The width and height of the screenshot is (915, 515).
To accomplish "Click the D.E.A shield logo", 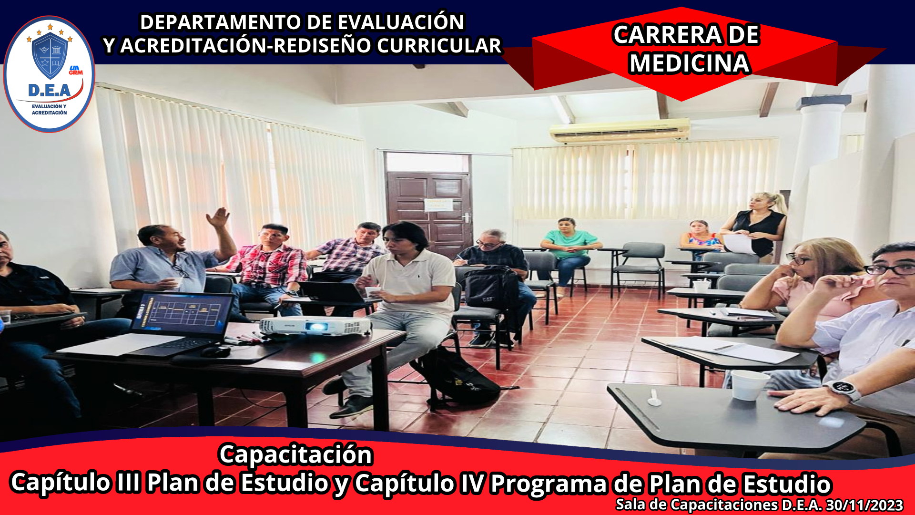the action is click(49, 74).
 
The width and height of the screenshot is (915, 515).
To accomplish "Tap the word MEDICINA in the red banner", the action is click(689, 63).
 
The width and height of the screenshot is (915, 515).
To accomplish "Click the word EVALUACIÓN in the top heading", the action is click(401, 22).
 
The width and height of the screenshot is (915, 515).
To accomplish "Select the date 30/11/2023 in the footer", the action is click(864, 505).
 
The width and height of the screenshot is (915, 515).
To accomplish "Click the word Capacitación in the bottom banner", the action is click(295, 454).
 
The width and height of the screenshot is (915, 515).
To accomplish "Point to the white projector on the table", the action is click(315, 326).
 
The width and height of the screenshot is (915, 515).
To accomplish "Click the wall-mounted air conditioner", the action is click(620, 130).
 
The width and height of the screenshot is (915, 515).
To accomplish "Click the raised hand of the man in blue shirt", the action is click(218, 217).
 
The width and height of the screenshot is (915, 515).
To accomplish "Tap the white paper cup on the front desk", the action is click(750, 385).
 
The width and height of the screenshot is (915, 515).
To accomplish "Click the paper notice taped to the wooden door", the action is click(437, 205).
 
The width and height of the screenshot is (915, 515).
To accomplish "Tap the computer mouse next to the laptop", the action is click(215, 351).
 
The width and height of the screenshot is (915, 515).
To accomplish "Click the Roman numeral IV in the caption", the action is click(471, 483).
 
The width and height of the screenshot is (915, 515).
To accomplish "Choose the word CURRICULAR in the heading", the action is click(439, 46).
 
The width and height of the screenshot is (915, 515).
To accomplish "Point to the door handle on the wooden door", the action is click(465, 218).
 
